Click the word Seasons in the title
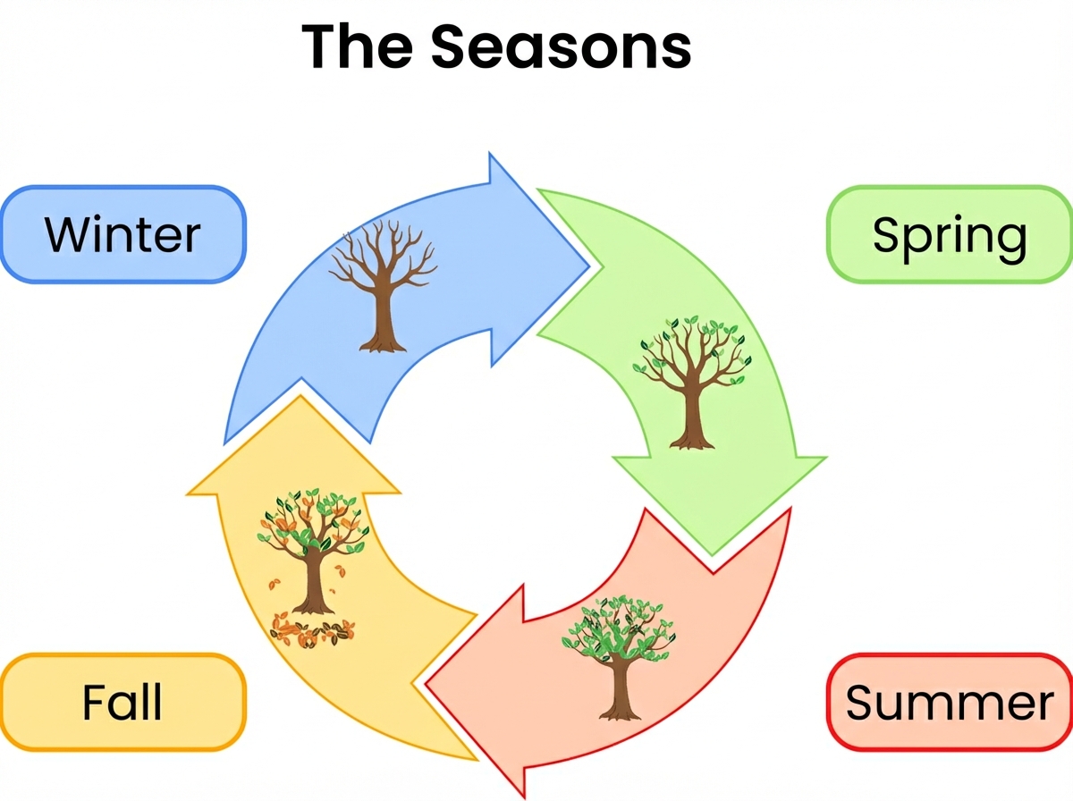click(561, 46)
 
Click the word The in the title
click(357, 46)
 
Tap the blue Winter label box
click(123, 234)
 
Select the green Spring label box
click(950, 234)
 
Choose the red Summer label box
click(950, 703)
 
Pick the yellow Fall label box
click(123, 703)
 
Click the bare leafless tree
click(384, 286)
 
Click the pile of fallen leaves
click(313, 631)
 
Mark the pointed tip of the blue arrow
click(589, 266)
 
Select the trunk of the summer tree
click(620, 690)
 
